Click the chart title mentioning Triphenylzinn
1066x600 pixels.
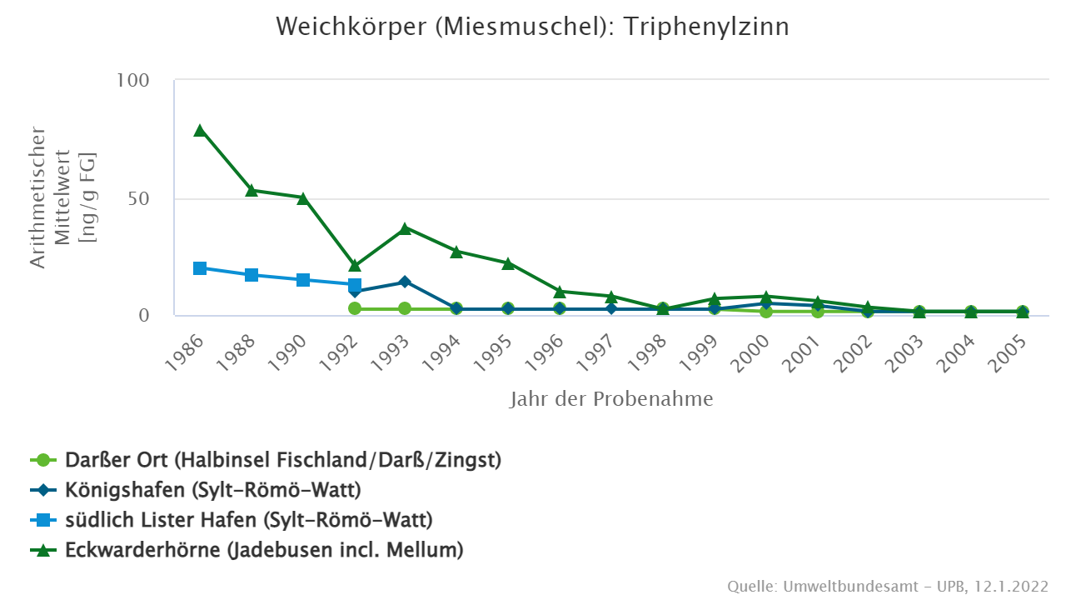[533, 27]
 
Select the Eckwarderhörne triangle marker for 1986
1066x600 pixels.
[200, 130]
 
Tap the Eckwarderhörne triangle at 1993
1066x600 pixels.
[406, 227]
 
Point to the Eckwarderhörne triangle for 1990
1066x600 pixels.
[303, 197]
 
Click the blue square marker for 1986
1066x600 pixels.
[200, 268]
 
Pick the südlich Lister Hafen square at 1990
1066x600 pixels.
[303, 280]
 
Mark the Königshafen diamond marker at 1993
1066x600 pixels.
[406, 282]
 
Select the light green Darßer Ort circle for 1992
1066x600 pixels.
[355, 308]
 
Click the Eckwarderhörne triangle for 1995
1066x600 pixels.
[508, 262]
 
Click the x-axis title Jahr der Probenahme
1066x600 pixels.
[611, 399]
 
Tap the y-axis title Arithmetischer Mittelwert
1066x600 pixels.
[62, 197]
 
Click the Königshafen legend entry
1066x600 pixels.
[213, 490]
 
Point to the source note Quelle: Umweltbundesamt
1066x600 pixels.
[888, 586]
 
